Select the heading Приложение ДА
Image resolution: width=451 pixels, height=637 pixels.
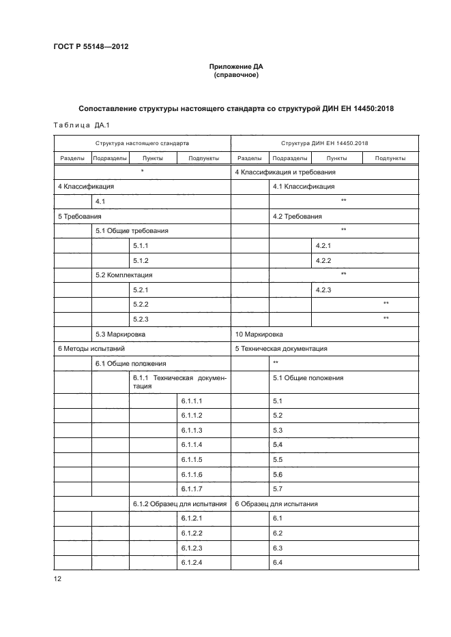235,67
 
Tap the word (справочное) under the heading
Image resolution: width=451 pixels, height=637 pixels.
235,75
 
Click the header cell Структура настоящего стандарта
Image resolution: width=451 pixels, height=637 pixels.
142,144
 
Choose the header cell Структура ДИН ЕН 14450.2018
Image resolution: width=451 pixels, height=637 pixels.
325,144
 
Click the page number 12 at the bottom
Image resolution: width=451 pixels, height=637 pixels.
57,579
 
